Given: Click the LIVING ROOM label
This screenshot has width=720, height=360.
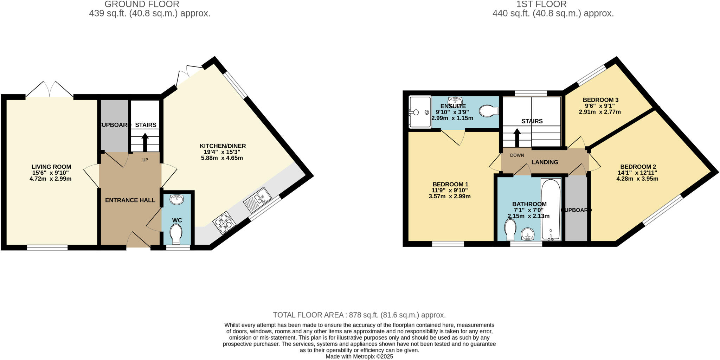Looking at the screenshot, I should tap(51, 167).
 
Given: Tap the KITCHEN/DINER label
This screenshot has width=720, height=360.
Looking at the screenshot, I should tap(223, 146).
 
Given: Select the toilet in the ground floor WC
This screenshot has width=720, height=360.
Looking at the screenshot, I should tap(175, 234).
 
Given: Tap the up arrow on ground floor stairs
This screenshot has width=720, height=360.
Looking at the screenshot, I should tap(145, 142).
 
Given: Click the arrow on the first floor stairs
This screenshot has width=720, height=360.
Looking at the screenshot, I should tap(517, 137).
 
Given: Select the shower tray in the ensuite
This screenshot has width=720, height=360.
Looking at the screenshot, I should tap(420, 112).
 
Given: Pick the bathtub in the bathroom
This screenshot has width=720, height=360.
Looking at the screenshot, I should tap(551, 210).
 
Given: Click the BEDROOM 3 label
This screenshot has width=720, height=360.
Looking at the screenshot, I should tap(600, 100).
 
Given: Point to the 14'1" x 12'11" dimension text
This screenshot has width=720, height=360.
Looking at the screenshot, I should tap(637, 173).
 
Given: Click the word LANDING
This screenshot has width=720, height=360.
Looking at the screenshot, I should tap(545, 162).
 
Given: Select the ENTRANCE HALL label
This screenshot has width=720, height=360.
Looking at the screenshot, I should tap(130, 200).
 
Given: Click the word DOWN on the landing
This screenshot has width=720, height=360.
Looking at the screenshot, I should tap(517, 155).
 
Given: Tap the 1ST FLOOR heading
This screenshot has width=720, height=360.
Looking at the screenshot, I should tap(553, 4).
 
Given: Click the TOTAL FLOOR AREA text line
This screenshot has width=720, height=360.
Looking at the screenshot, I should tap(359, 315).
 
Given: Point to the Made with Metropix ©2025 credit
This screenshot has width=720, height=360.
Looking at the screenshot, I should tap(359, 356).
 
